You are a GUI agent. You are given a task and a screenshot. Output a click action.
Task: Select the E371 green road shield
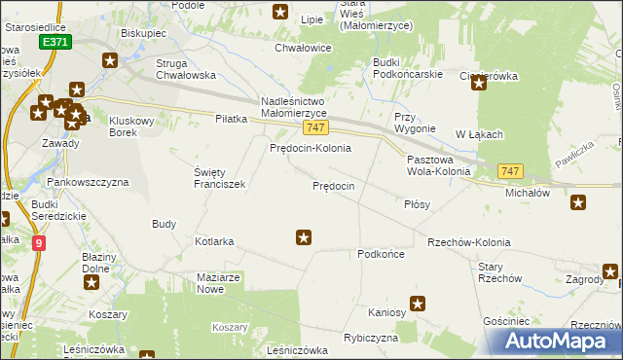tap(55, 44)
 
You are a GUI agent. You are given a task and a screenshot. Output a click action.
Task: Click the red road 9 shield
tap(38, 244)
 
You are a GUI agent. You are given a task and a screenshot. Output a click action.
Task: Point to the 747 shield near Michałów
tap(510, 171)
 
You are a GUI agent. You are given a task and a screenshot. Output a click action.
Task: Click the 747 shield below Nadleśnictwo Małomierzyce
tap(314, 128)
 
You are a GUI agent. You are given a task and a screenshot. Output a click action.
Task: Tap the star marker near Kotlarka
tap(304, 236)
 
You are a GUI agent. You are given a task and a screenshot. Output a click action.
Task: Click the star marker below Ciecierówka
tap(479, 84)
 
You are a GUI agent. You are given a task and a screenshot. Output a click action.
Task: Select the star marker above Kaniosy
tap(419, 303)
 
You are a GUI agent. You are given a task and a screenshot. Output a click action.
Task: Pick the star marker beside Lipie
tap(280, 13)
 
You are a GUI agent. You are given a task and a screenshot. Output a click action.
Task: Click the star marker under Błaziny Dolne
tap(92, 283)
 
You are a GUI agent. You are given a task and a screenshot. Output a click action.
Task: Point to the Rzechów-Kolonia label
tap(468, 241)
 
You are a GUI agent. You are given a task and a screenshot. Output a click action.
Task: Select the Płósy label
tap(417, 205)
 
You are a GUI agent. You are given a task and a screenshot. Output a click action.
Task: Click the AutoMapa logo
tap(560, 342)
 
